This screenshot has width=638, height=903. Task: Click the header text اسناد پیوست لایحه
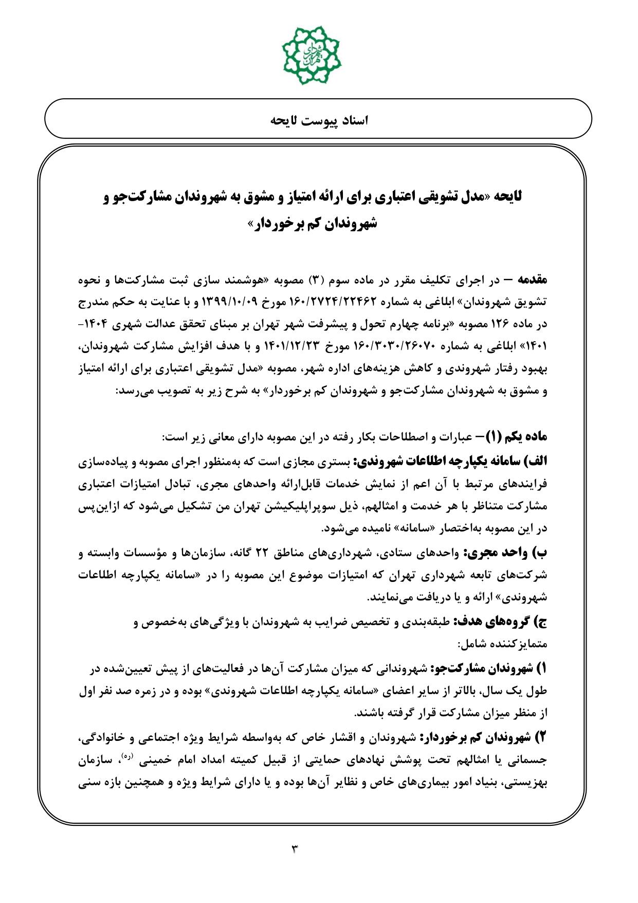point(319,120)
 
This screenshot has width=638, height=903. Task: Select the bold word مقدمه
point(532,280)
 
